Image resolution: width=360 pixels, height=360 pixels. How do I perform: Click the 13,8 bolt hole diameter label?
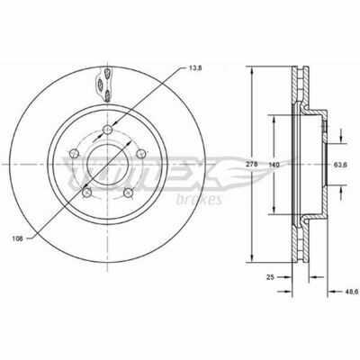(195, 68)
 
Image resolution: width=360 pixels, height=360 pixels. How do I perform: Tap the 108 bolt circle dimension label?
(18, 238)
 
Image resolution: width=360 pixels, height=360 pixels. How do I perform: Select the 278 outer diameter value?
(250, 165)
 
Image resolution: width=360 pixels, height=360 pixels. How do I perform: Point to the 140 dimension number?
(274, 165)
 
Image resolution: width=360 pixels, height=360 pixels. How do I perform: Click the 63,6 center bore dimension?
(340, 165)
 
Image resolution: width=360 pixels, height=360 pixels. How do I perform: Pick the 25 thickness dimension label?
(270, 277)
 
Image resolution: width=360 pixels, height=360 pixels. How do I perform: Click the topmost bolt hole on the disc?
(107, 130)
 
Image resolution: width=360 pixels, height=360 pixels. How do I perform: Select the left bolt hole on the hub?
(74, 154)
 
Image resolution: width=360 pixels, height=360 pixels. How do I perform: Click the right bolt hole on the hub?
(140, 154)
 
